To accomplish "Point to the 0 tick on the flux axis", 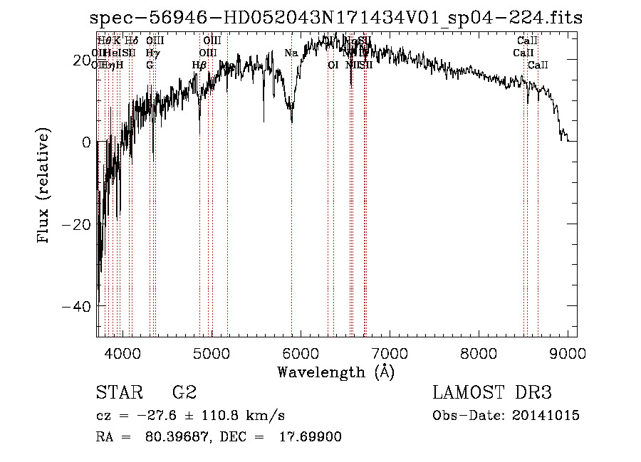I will coord(86,142).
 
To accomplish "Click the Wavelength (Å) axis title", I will coord(335,372).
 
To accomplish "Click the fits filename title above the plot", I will coord(336,19).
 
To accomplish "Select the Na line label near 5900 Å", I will coord(291,53).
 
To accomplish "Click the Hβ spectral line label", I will coord(199,65).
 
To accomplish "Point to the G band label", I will coord(150,65).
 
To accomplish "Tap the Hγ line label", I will coord(152,53).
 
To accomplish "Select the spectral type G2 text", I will coord(184,393).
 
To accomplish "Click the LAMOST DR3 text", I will coord(492,393).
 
